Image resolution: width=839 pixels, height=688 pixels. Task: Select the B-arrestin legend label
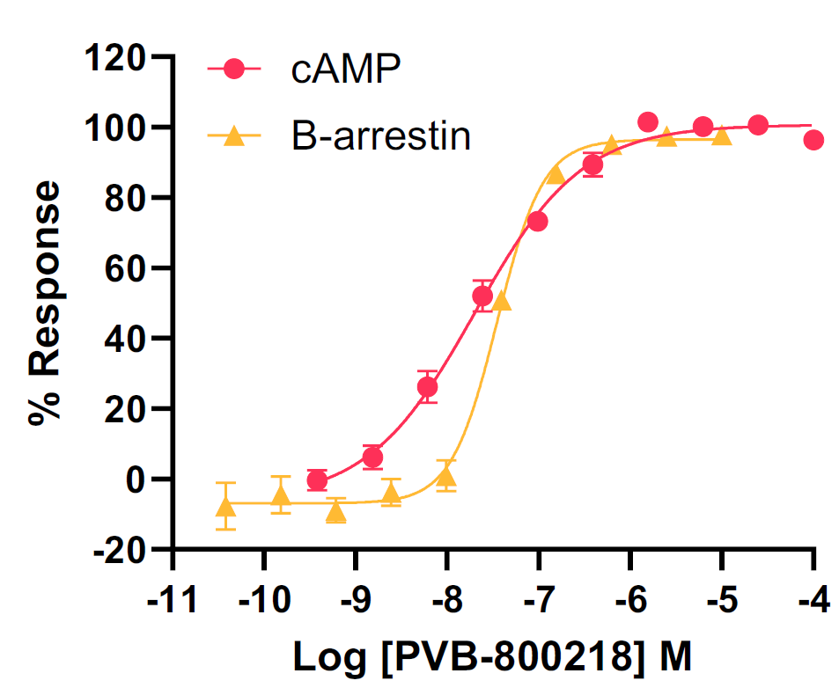coord(381,136)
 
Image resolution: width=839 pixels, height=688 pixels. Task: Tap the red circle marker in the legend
coord(234,70)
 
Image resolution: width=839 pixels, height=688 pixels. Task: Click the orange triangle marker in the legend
coord(234,135)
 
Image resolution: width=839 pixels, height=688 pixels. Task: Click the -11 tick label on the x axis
coord(172,603)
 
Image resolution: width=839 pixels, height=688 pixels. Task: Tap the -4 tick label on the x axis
coord(812,603)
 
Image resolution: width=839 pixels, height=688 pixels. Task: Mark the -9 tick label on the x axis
coord(354,603)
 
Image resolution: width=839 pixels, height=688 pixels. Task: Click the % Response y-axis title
coord(46,304)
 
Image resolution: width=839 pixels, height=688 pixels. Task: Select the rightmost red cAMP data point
coord(813,140)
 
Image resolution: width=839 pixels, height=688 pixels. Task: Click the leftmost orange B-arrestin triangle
coord(226,507)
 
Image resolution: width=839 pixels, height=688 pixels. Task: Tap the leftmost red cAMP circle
coord(317,480)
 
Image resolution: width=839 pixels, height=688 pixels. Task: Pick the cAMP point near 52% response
coord(482,296)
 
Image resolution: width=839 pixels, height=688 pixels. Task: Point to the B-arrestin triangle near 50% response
coord(502,302)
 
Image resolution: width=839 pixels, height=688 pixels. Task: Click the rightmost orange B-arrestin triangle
coord(722,135)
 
